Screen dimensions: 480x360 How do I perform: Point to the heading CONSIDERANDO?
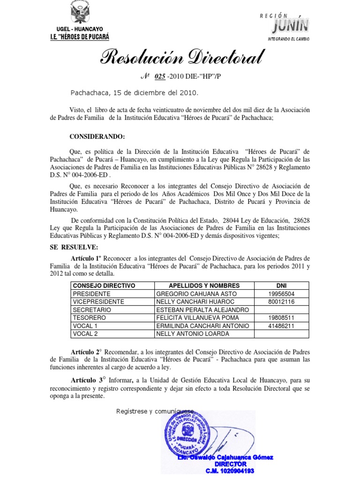point(97,136)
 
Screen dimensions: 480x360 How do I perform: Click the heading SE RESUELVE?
point(74,247)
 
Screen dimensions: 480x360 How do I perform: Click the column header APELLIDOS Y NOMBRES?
point(204,285)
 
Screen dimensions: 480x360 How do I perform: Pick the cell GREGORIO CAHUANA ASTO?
point(194,293)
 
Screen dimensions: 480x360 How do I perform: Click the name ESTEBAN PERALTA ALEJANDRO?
point(202,309)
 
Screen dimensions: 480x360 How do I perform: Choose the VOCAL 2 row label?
point(85,333)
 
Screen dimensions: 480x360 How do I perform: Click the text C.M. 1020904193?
point(230,470)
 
